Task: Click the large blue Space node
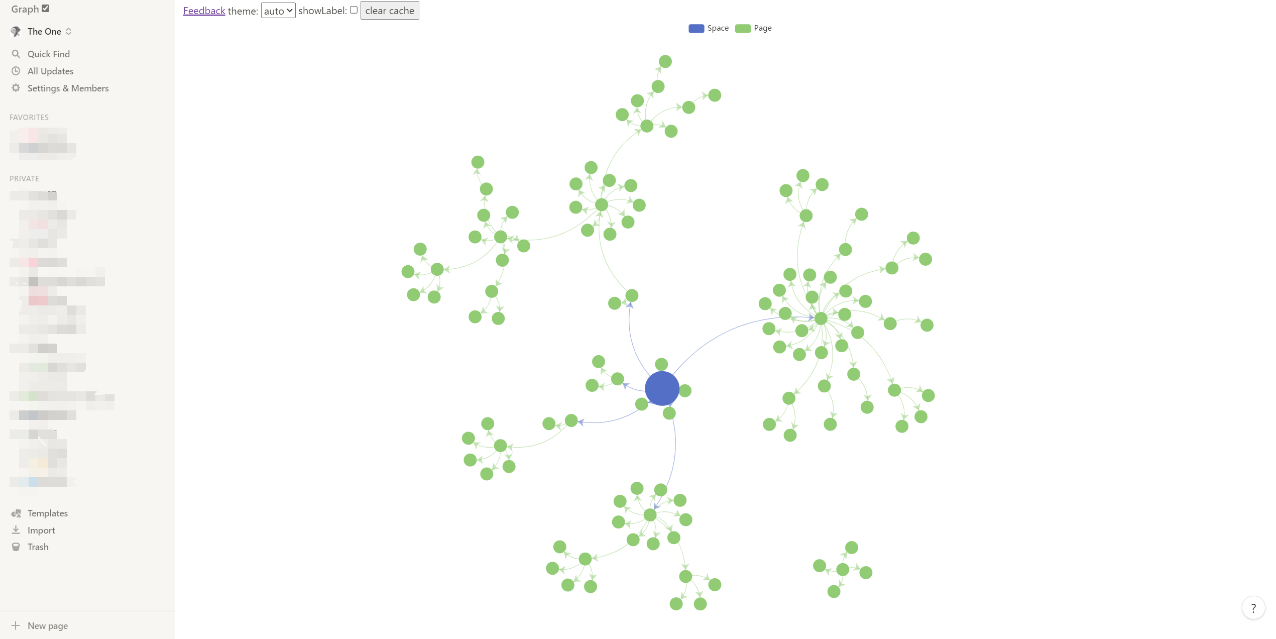(662, 388)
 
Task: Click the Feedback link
(204, 11)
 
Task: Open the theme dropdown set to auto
(278, 11)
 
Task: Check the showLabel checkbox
(354, 10)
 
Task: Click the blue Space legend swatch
(696, 28)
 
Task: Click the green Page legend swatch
(743, 28)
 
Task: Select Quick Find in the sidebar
(48, 54)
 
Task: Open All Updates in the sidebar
(50, 71)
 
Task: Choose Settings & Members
(68, 88)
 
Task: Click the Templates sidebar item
(47, 513)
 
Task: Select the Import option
(41, 530)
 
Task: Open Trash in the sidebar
(38, 547)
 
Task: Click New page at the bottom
(47, 625)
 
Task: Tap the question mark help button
(1253, 608)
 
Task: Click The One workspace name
(44, 31)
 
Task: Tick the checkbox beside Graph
(46, 8)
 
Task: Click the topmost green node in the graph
(665, 61)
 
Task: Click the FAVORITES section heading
(29, 117)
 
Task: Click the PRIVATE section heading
(24, 178)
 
